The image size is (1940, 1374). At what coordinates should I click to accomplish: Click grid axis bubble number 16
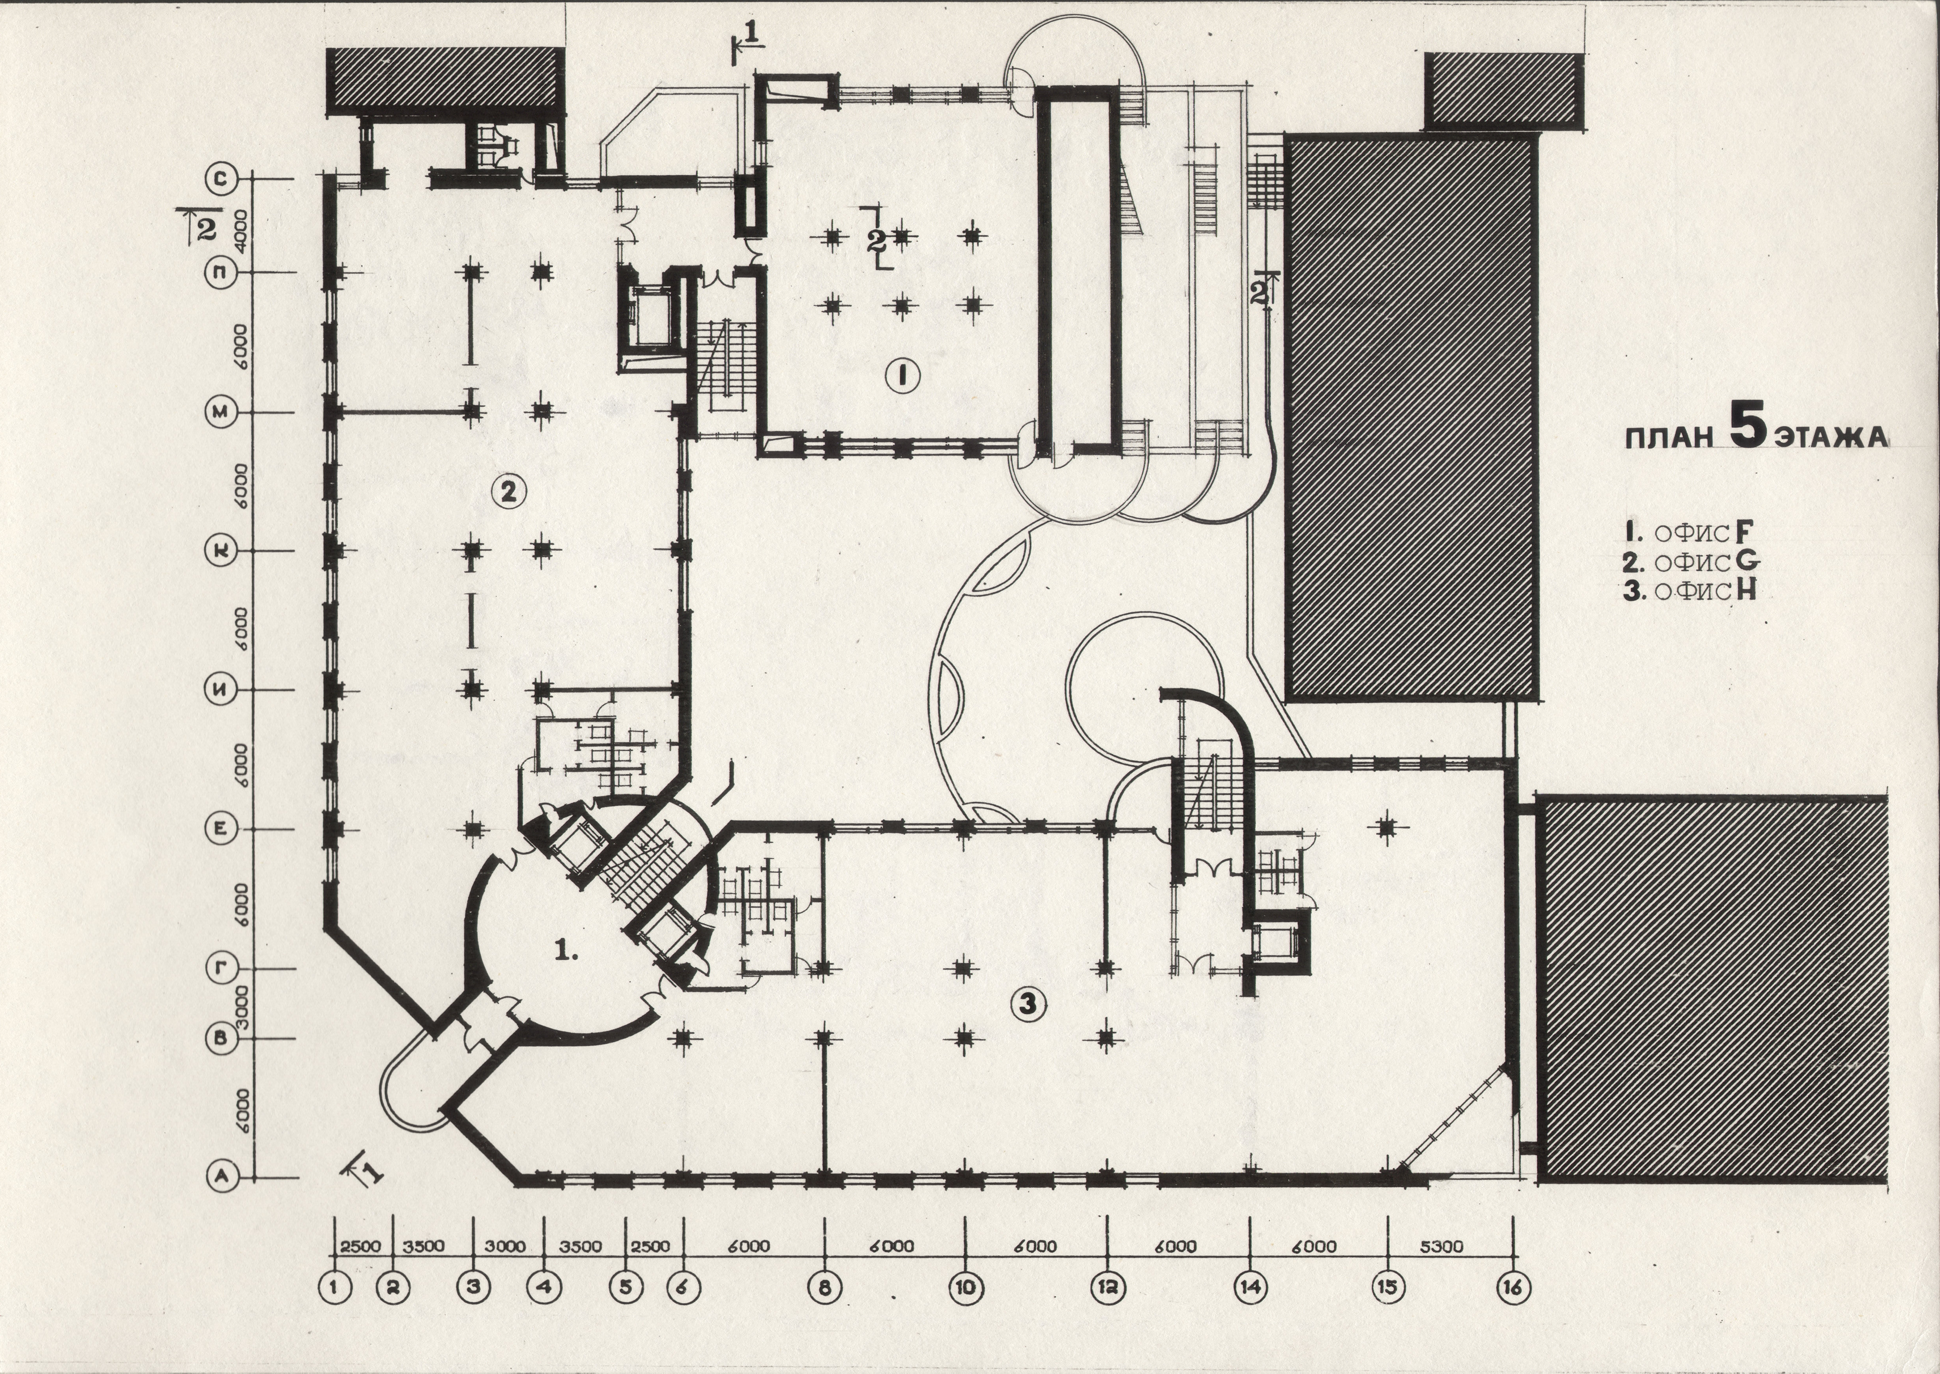pyautogui.click(x=1514, y=1288)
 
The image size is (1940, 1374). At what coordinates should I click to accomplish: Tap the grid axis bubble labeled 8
pyautogui.click(x=825, y=1288)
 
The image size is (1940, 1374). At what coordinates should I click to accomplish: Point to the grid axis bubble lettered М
pyautogui.click(x=222, y=412)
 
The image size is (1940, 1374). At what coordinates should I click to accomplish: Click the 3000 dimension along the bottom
pyautogui.click(x=506, y=1246)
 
